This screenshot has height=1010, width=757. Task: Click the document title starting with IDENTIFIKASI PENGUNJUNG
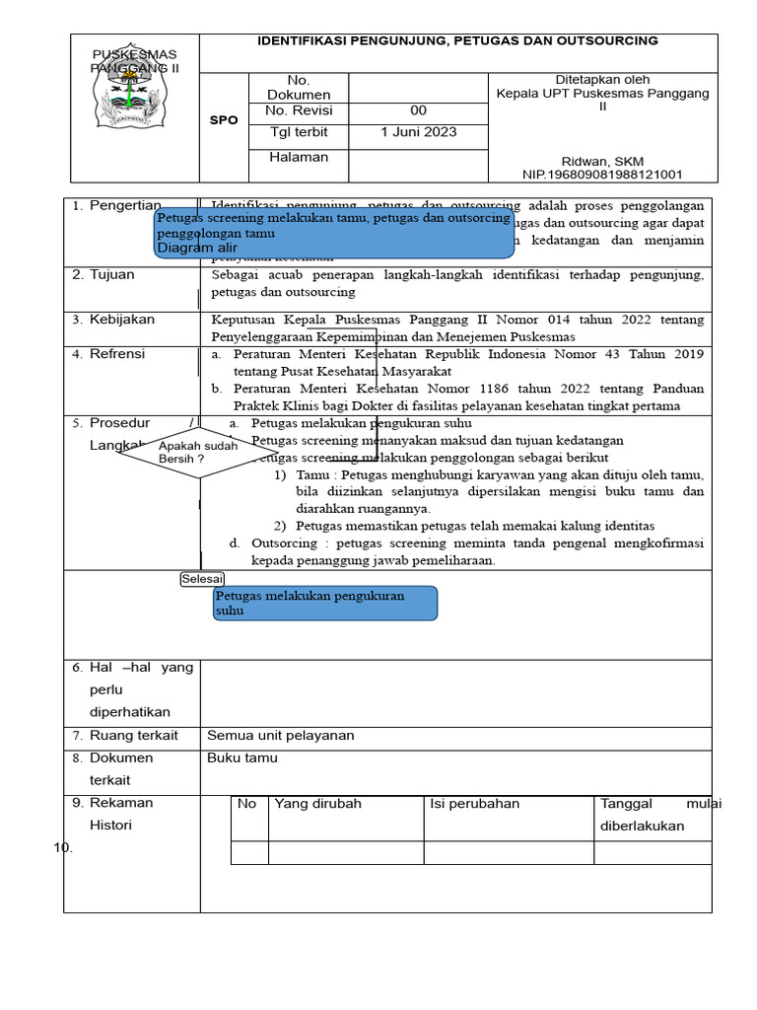point(457,40)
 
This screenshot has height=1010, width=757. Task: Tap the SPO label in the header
point(225,120)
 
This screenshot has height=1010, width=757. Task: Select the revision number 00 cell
point(418,110)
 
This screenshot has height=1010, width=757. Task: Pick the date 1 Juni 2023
point(418,132)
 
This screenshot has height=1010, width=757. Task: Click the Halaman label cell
point(299,157)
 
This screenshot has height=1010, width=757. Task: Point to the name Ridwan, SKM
point(601,161)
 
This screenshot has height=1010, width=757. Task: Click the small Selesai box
point(202,579)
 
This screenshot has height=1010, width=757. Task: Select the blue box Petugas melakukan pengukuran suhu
point(325,604)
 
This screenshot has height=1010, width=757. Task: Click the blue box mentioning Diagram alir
point(334,233)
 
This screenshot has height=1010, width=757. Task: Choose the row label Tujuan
point(111,275)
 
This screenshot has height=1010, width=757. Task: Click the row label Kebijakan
point(121,320)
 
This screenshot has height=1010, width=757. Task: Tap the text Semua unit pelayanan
point(280,736)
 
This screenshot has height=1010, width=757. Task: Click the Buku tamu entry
point(241,758)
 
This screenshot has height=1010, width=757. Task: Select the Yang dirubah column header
point(317,804)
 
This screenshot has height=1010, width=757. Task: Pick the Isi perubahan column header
point(474,804)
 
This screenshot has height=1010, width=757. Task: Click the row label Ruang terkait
point(133,736)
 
